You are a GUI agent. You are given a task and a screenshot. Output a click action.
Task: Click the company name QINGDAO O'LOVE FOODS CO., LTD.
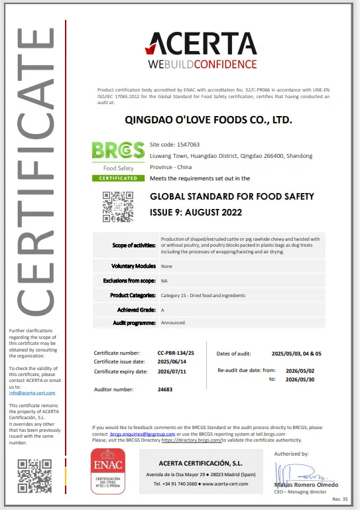point(208,121)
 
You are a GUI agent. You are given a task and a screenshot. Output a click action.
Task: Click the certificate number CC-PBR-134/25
point(175,353)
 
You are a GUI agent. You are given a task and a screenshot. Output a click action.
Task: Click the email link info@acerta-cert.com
point(32,393)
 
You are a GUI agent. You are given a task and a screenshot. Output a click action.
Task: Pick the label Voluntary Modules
point(133,266)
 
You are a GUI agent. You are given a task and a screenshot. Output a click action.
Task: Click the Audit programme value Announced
point(174,322)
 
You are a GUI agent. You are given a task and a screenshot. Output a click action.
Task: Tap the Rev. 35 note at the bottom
point(339,499)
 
